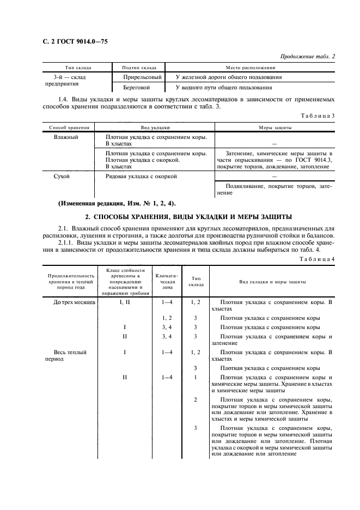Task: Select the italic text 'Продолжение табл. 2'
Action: tap(308, 56)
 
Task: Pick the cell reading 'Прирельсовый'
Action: tap(142, 77)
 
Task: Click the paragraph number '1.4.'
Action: tap(64, 99)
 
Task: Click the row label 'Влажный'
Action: tap(65, 137)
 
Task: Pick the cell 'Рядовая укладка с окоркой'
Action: tap(141, 177)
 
